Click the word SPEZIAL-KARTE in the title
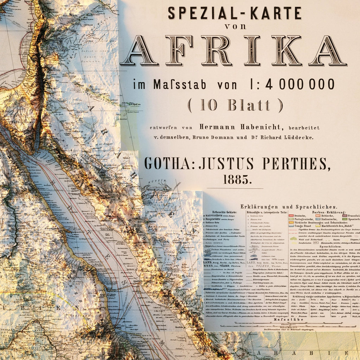[x=234, y=13]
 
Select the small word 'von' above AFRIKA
[x=235, y=26]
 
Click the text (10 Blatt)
[x=235, y=105]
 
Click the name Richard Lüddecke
[x=283, y=138]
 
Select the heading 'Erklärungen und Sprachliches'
[x=288, y=207]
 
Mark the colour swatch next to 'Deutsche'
[x=291, y=216]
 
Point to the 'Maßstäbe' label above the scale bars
[x=283, y=320]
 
